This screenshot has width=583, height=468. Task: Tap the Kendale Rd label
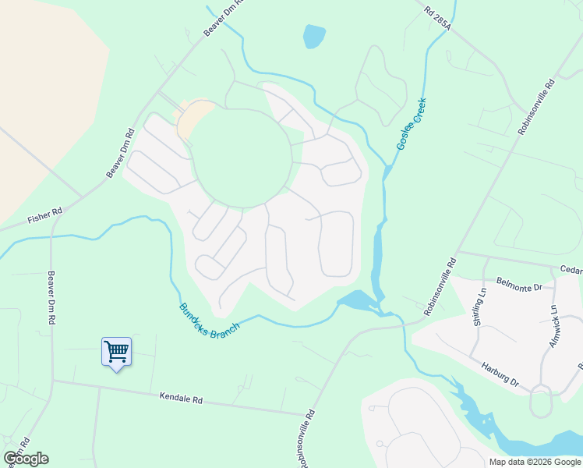pos(181,399)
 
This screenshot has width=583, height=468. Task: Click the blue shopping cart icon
pos(116,351)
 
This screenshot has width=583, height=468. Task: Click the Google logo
pos(26,459)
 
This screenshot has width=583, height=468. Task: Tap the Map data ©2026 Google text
pos(535,462)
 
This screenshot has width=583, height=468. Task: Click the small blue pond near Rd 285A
pos(313,36)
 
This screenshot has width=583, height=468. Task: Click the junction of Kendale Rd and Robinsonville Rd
pos(306,415)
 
